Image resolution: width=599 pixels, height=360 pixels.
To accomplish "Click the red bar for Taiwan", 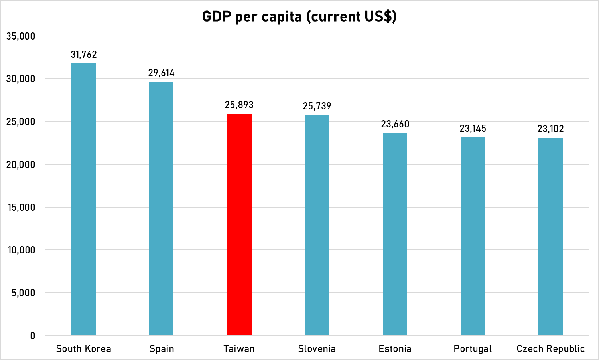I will pyautogui.click(x=239, y=224).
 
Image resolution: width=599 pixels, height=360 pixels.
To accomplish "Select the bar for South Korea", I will pyautogui.click(x=83, y=199).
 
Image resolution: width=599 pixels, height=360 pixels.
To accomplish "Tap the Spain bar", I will pyautogui.click(x=161, y=208).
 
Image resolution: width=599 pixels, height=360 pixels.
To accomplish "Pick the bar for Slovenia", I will pyautogui.click(x=317, y=225).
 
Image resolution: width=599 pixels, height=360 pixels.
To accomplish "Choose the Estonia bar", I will pyautogui.click(x=395, y=234).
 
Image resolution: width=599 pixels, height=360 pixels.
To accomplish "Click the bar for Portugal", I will pyautogui.click(x=473, y=236).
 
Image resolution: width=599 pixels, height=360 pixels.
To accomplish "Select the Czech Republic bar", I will pyautogui.click(x=550, y=236).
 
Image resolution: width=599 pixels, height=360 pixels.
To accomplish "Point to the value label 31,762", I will pyautogui.click(x=84, y=55).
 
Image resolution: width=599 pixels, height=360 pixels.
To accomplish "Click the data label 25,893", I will pyautogui.click(x=239, y=105).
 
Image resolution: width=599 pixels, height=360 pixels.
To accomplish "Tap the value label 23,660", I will pyautogui.click(x=395, y=124).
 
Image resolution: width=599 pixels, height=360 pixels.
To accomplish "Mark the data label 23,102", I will pyautogui.click(x=550, y=129).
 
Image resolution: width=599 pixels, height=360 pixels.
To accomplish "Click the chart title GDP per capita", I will pyautogui.click(x=299, y=16).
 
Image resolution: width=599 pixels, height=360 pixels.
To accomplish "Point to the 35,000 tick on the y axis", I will pyautogui.click(x=21, y=36).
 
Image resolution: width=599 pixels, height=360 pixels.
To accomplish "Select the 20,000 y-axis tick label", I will pyautogui.click(x=21, y=164).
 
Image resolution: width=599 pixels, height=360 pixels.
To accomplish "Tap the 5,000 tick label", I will pyautogui.click(x=23, y=293).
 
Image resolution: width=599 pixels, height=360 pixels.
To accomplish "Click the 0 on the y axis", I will pyautogui.click(x=32, y=336).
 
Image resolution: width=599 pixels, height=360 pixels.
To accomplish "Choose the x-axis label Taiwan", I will pyautogui.click(x=239, y=349).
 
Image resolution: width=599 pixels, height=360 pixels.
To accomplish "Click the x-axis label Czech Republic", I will pyautogui.click(x=550, y=349).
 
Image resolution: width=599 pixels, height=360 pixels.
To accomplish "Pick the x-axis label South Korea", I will pyautogui.click(x=83, y=349).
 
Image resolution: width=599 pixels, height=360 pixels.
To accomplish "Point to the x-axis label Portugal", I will pyautogui.click(x=473, y=349).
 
